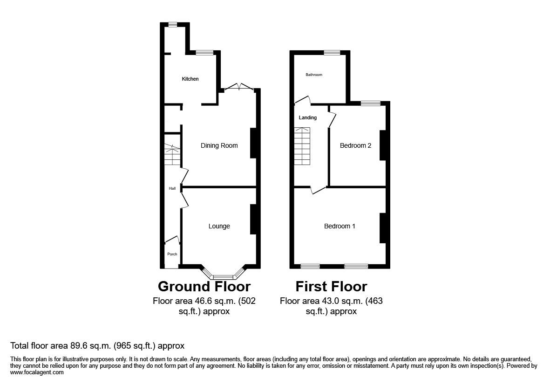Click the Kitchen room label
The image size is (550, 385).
point(190,79)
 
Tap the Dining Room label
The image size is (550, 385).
point(219,145)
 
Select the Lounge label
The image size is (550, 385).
point(219,226)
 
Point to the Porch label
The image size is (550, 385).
point(172,254)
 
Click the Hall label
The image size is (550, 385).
point(172,188)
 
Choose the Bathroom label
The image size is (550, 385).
point(314,75)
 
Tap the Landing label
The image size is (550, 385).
point(307,117)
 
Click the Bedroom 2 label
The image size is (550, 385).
point(355,145)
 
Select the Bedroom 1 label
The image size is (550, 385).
point(340,226)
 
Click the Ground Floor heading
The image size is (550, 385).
point(204,286)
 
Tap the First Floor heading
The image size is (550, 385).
point(331,286)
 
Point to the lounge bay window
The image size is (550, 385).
point(223,276)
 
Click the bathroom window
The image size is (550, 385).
point(332,52)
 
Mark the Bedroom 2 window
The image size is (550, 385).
point(370,103)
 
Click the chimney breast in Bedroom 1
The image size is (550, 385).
point(382,227)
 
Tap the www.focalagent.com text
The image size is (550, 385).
point(37,372)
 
